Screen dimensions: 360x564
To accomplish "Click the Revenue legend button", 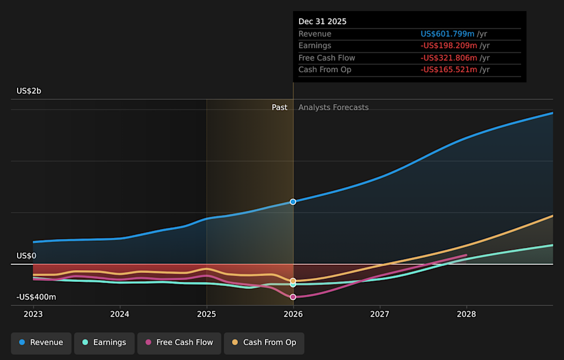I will coord(41,343).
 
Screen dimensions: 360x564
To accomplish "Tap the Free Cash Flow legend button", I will coord(179,343).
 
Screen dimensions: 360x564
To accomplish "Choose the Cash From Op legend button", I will coord(264,343).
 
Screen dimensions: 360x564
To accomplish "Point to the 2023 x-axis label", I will coord(33,314).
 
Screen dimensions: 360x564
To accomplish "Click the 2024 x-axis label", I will coord(120,314).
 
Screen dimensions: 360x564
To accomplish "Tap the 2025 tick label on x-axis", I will coord(207,314).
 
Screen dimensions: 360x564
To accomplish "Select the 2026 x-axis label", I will coord(293,314).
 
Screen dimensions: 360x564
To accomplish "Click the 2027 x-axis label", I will coord(380,314).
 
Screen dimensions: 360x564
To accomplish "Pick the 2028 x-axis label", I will coord(466,314).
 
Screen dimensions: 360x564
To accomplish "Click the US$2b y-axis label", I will coord(29,91).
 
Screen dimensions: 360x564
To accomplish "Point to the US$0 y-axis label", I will coord(26,256).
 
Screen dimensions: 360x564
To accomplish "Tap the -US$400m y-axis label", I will coord(36,297).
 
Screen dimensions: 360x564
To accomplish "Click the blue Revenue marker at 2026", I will coord(293,201).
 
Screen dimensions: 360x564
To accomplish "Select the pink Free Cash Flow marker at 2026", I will coord(293,297).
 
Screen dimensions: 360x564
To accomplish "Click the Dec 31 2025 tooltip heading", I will coord(323,22).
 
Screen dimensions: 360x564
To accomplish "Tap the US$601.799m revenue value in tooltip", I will coord(448,34).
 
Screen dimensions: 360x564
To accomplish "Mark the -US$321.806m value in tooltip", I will coord(448,58).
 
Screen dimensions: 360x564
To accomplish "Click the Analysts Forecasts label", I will coord(334,107).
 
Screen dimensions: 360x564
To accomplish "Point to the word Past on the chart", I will coord(280,107).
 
